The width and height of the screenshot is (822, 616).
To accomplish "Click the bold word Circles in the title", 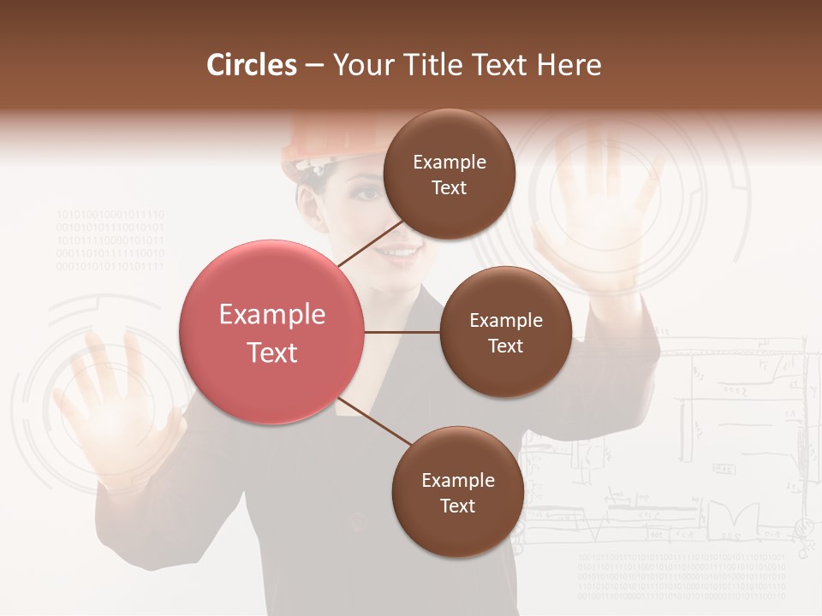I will coord(251,65).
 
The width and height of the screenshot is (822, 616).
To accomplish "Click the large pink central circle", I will coord(272,332).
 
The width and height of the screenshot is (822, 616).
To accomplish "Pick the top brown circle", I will coord(449,174).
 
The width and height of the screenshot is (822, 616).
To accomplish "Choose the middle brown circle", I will coord(505,332).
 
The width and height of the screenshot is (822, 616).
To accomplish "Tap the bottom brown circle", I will coord(457,492).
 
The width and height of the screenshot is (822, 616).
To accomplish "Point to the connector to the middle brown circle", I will coord(402,332).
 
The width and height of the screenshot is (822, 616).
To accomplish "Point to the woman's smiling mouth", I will coord(401,252).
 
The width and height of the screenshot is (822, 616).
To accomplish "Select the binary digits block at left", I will coord(110,240).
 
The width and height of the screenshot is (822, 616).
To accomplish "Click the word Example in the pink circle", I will coord(272,315).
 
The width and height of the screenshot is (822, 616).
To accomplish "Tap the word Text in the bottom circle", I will coord(457,506).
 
